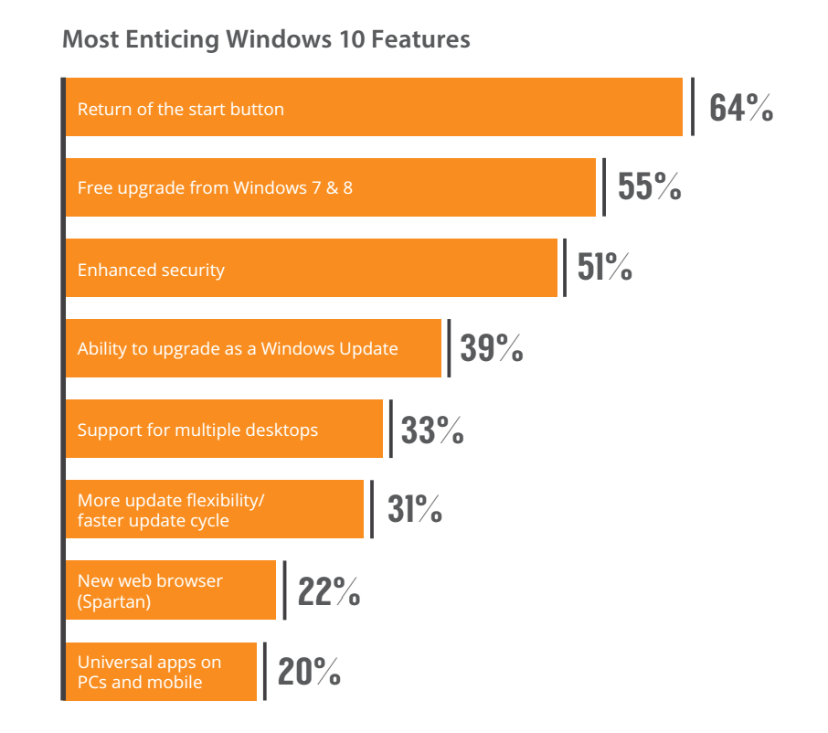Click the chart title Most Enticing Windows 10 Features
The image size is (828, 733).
[x=266, y=40]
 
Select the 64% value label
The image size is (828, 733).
[x=741, y=108]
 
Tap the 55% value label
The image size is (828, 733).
[x=649, y=187]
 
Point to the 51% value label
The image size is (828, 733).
[x=604, y=268]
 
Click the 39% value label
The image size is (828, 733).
[x=491, y=348]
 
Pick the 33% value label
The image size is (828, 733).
[x=432, y=429]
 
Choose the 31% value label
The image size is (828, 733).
[x=414, y=509]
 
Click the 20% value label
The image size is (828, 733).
[x=309, y=671]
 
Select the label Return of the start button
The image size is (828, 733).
[x=181, y=110]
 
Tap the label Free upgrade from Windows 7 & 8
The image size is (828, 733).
[x=215, y=189]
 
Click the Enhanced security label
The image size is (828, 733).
[x=151, y=270]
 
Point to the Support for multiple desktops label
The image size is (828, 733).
[x=197, y=430]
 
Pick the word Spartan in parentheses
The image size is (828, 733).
[x=114, y=600]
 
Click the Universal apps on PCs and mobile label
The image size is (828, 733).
[x=149, y=672]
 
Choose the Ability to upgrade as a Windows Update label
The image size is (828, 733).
[x=238, y=349]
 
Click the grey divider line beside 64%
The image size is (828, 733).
[x=693, y=107]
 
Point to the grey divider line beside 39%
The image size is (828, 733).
[x=448, y=348]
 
